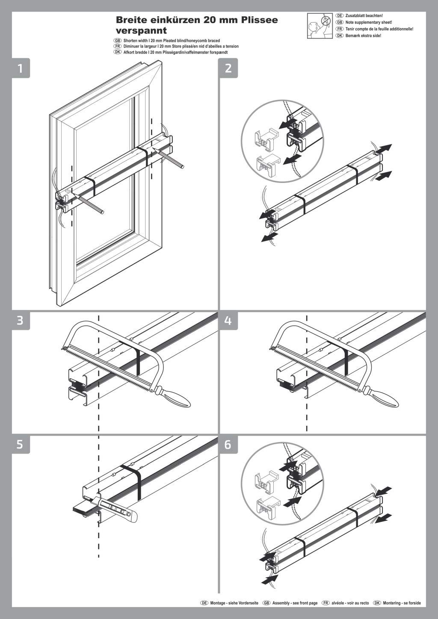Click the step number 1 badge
point(20,68)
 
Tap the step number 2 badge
point(228,68)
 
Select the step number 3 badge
point(20,320)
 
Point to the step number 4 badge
point(228,320)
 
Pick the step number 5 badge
point(20,444)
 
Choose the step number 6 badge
point(228,444)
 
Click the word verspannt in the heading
point(141,31)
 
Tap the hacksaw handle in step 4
point(382,399)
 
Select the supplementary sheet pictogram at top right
point(319,26)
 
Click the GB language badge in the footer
point(266,603)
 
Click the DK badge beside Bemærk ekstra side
point(340,35)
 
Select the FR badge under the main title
point(118,46)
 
